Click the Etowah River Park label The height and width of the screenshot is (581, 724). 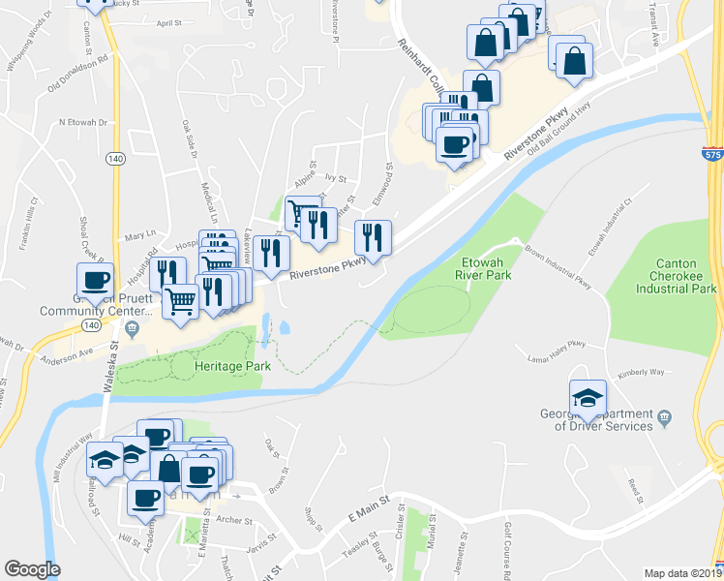tap(482, 267)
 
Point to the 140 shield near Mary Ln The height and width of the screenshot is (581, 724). tap(115, 158)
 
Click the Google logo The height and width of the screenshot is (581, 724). tap(32, 569)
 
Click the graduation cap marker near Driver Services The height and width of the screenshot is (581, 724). tap(588, 398)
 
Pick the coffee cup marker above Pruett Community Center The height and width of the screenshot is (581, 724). tap(95, 282)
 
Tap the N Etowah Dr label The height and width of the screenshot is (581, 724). tap(82, 122)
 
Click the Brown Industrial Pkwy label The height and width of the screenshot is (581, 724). tap(558, 266)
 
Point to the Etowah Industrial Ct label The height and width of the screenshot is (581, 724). tap(609, 226)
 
